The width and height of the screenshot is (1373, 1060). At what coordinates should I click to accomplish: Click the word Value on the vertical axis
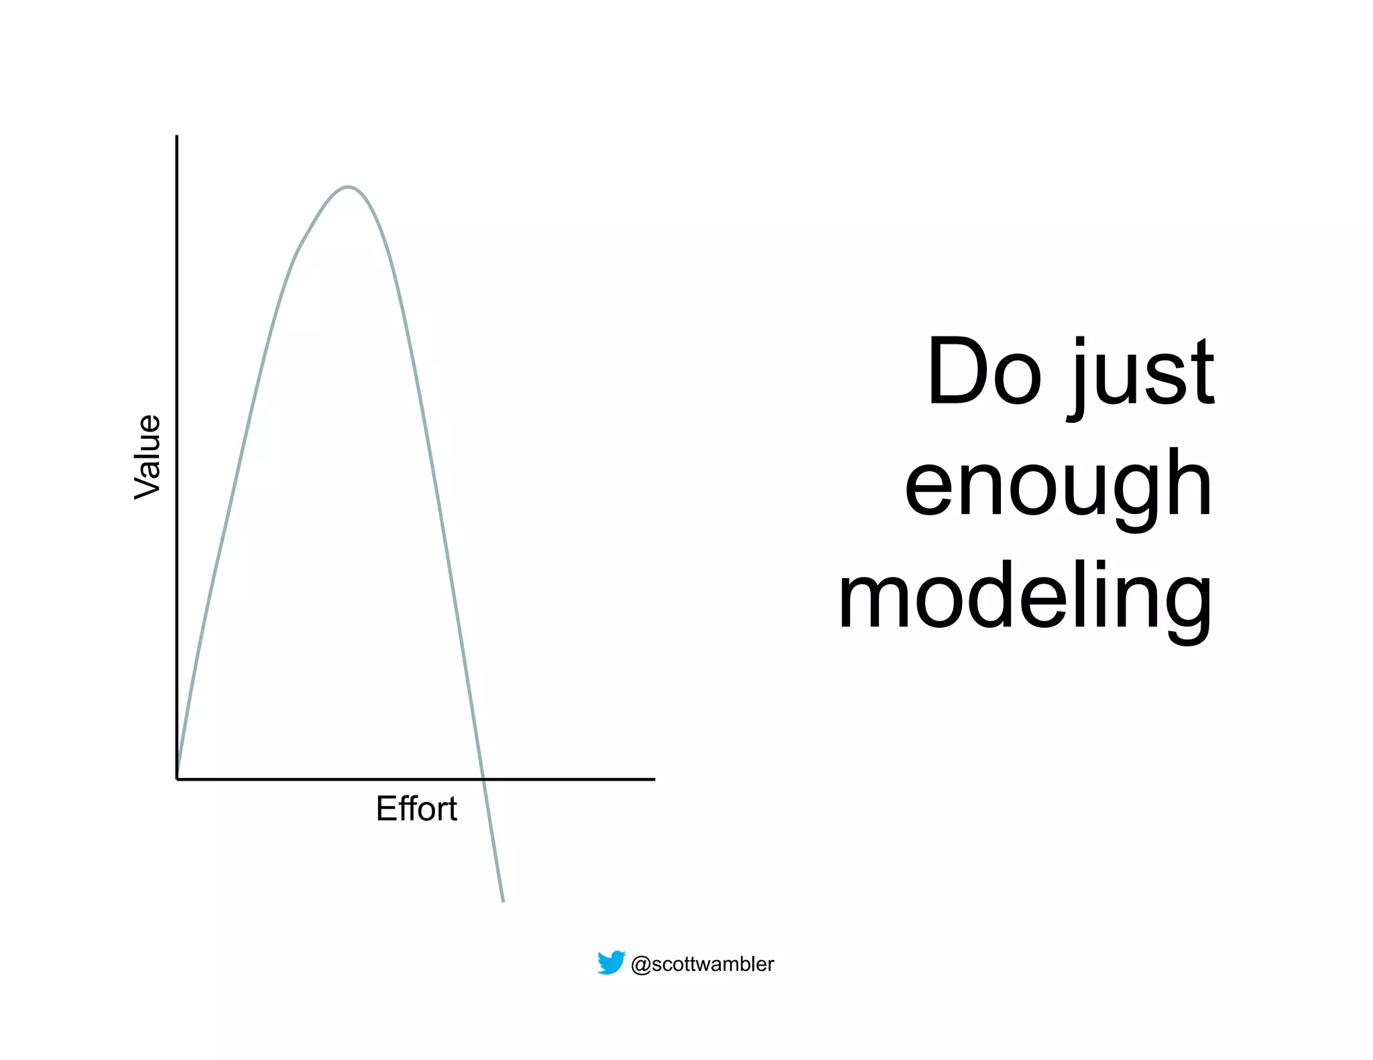tap(147, 457)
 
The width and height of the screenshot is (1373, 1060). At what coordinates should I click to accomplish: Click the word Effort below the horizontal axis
tap(416, 809)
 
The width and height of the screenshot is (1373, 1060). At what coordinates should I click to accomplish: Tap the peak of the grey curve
tap(348, 187)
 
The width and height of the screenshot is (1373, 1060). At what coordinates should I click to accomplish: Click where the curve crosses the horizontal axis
tap(483, 779)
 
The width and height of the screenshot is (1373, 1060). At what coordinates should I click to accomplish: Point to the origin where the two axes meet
tap(177, 779)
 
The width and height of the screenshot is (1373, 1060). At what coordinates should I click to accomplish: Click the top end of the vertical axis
tap(177, 137)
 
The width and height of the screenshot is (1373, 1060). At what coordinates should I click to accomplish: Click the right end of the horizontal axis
tap(654, 779)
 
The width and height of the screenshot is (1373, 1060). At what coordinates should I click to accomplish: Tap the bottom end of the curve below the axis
tap(503, 901)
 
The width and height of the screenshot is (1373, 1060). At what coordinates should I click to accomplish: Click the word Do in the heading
tap(983, 372)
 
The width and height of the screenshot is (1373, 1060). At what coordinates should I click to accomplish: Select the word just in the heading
tap(1141, 375)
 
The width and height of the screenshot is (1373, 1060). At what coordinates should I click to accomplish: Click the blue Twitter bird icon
tap(611, 963)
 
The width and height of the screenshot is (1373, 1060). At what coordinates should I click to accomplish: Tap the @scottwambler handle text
tap(703, 964)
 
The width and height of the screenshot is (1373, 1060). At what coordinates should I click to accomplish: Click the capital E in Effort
tap(386, 808)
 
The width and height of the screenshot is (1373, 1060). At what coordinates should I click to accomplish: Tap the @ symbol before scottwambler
tap(640, 965)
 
